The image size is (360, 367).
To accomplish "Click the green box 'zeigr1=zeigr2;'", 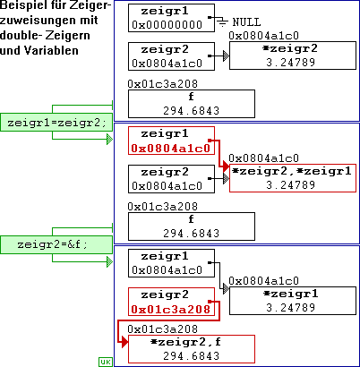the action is click(56, 122).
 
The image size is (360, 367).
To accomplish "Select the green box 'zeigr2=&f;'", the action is click(56, 244).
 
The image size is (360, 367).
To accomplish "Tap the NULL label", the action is click(246, 22).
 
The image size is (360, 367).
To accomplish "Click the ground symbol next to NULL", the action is click(222, 21).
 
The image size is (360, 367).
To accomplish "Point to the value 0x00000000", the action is click(167, 24).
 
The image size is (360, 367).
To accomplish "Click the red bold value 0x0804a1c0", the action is click(171, 149).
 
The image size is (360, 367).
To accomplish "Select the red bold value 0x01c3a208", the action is click(171, 310).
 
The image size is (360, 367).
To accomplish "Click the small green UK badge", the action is click(106, 362).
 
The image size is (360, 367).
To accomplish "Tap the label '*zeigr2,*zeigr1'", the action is click(292, 171).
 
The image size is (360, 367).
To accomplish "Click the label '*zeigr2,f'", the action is click(186, 342).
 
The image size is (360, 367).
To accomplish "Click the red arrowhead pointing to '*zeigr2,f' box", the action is click(124, 342).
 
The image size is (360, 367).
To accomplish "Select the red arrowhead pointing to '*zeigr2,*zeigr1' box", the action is click(226, 167).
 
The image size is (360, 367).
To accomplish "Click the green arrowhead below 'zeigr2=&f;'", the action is click(110, 262).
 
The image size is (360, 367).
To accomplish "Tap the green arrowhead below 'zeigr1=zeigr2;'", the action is click(110, 140).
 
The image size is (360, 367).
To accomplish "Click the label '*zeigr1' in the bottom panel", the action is click(291, 294).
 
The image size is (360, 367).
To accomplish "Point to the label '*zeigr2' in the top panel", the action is click(290, 48).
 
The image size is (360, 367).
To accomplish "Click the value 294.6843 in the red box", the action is click(192, 356).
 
